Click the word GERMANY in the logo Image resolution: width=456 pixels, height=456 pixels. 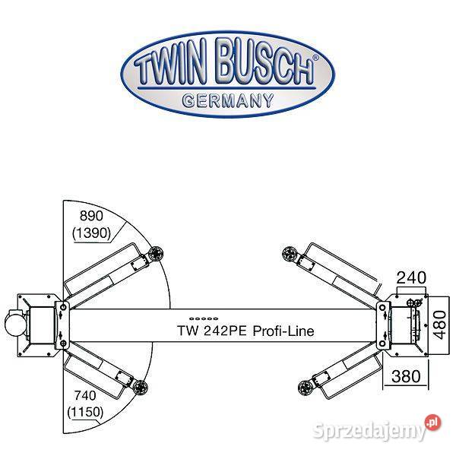click(x=228, y=101)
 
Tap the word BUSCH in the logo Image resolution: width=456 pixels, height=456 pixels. click(x=265, y=62)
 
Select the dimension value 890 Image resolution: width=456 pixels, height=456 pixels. click(x=91, y=216)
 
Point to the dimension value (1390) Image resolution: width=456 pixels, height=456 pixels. click(x=92, y=233)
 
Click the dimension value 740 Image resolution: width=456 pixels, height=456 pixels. click(x=85, y=395)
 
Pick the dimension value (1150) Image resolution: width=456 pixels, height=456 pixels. click(x=85, y=412)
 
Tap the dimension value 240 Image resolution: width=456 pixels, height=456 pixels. click(x=411, y=277)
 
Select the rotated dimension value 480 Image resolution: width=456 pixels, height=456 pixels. click(x=440, y=325)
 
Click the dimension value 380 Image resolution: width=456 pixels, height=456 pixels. click(x=406, y=376)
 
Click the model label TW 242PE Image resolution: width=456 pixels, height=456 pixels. click(x=212, y=331)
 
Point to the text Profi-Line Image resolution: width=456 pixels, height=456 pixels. click(x=283, y=331)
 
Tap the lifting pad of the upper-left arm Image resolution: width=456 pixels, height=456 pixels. click(x=156, y=253)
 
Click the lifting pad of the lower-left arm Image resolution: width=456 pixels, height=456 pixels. click(x=141, y=387)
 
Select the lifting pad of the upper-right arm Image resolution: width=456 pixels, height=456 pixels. click(x=290, y=253)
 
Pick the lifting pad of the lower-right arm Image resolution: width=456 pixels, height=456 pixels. click(x=306, y=387)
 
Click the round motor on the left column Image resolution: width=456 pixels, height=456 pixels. click(x=15, y=325)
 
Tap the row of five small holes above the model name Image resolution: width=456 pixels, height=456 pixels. click(x=204, y=318)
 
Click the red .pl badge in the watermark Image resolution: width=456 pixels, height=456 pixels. click(x=432, y=423)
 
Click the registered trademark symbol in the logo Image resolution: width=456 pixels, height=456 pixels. click(x=315, y=58)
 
